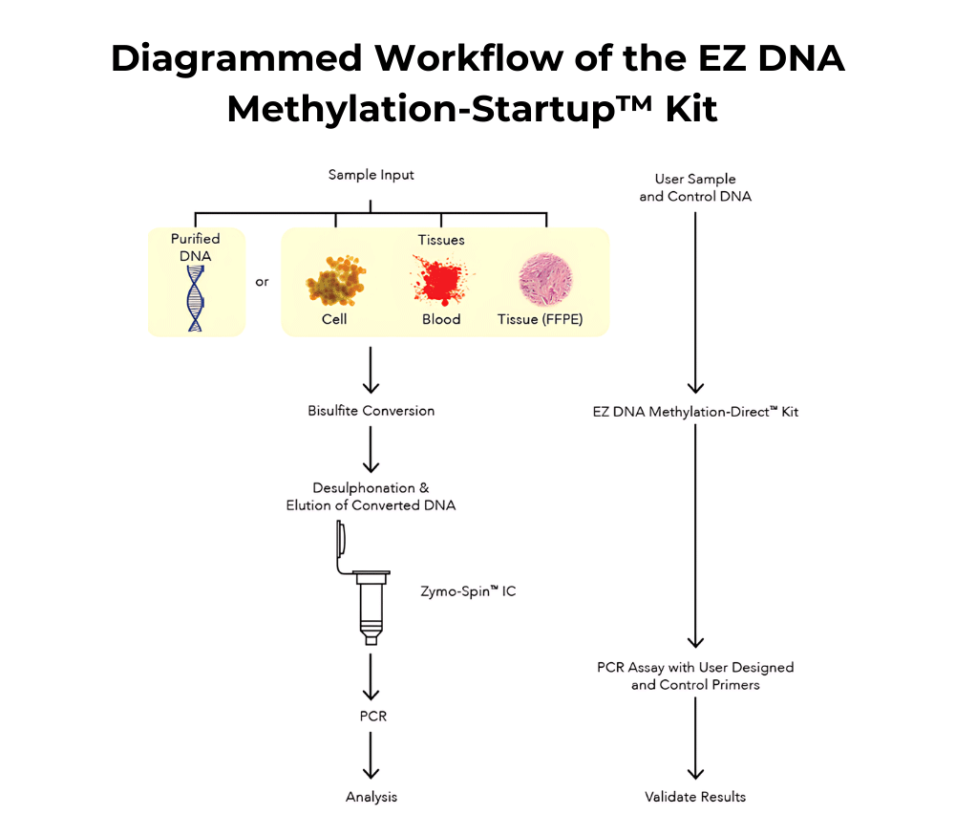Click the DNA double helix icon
[196, 296]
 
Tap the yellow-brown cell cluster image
[334, 281]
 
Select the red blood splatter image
[440, 281]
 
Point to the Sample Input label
[371, 175]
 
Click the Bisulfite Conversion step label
[371, 411]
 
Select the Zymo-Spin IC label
[469, 591]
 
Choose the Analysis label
[371, 796]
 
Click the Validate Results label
[695, 796]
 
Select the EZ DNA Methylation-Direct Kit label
[695, 412]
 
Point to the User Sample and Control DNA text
[695, 188]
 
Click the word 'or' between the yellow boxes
[263, 282]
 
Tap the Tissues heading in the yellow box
[441, 240]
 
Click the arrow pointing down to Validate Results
[695, 745]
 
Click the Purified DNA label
[196, 247]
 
